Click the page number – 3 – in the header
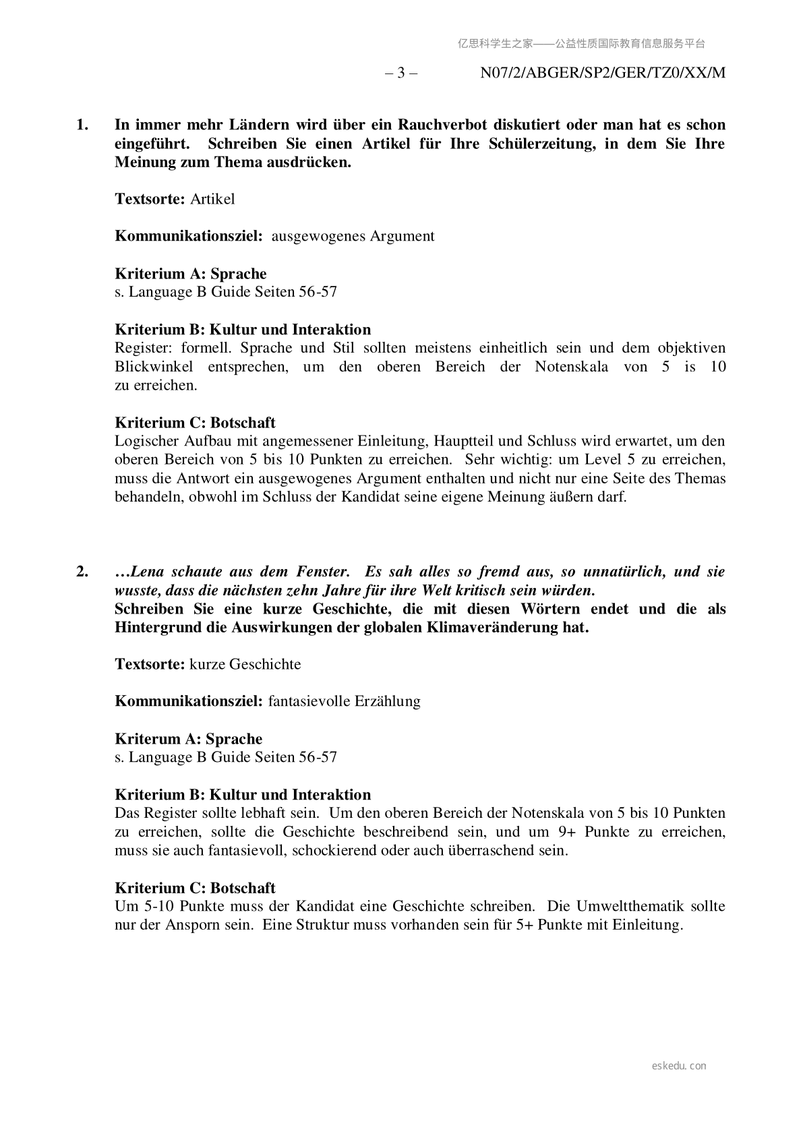(400, 73)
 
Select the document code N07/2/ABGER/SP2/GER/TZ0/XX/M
(603, 73)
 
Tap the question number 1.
(82, 125)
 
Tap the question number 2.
(82, 572)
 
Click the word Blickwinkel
(154, 367)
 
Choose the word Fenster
(322, 572)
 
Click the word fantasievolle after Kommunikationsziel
(307, 701)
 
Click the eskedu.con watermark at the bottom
(680, 1066)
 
